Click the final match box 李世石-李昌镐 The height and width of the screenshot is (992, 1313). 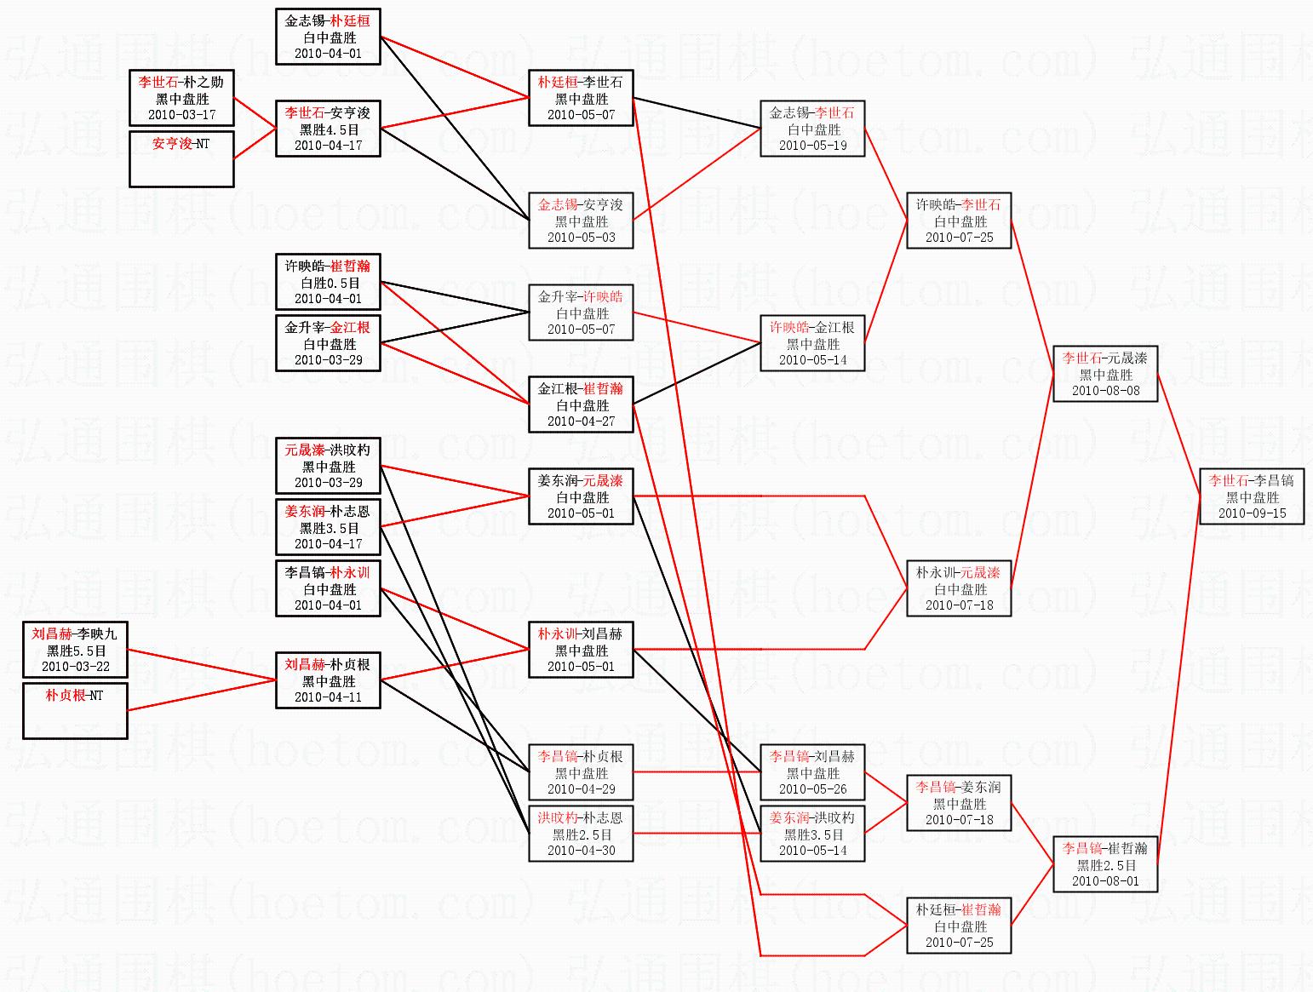coord(1252,496)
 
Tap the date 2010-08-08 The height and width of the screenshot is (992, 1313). coord(1105,391)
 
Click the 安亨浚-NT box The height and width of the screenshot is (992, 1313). coord(181,158)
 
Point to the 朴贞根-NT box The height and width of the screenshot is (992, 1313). coord(75,710)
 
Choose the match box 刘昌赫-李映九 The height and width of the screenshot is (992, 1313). coord(75,650)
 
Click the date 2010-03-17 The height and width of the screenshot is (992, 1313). coord(181,115)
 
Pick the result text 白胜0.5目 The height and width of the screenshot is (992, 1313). coord(329,283)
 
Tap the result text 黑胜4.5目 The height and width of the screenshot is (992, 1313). coord(329,129)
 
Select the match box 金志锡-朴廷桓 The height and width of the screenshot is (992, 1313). coord(328,37)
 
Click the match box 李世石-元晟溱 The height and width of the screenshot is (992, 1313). coord(1105,375)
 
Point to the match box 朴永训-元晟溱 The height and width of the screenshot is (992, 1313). coord(959,588)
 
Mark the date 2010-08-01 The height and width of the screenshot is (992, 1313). coord(1105,881)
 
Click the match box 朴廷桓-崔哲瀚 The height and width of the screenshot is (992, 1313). coord(959,926)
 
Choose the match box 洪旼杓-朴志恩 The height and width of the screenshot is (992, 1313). coord(581,834)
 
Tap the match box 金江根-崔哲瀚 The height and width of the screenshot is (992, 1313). coord(581,404)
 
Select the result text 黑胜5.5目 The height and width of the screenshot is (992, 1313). coord(75,651)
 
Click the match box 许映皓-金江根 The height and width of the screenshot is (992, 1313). coord(812,343)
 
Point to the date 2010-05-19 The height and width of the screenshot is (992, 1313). coord(812,146)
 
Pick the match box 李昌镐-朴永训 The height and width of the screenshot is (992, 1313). coord(328,588)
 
